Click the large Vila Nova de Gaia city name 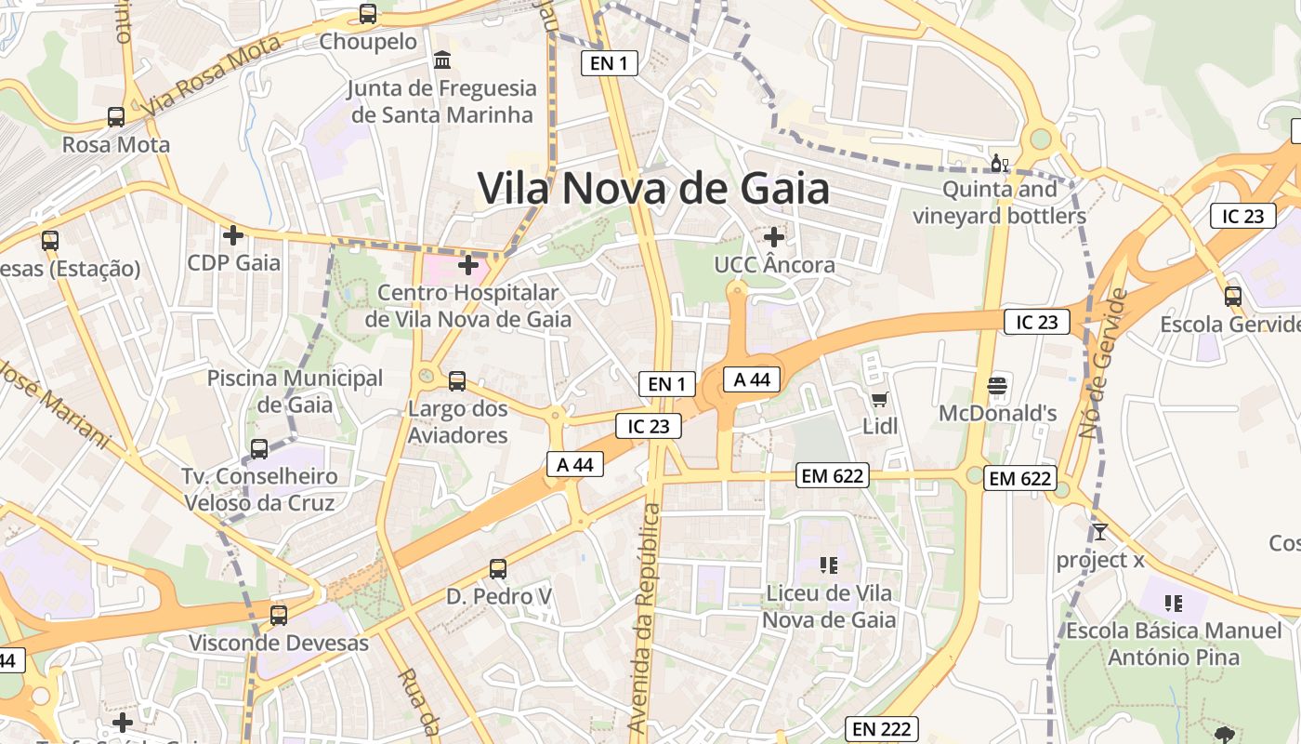coord(653,189)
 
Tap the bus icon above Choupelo coord(368,14)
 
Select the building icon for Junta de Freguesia coord(443,60)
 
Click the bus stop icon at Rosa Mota coord(116,117)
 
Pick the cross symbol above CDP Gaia coord(233,235)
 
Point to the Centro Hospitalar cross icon coord(469,265)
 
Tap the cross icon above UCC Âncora coord(773,237)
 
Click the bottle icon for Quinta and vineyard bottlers coord(1000,164)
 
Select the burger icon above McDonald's coord(997,385)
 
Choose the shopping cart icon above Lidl coord(879,400)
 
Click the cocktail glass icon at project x coord(1100,532)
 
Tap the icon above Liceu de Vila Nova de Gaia coord(829,565)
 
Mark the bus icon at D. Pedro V coord(498,568)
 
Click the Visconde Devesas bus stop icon coord(278,615)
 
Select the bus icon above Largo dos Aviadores coord(457,380)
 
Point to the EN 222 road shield coord(881,729)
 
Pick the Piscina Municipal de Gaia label coord(295,392)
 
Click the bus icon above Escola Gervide coord(1233,297)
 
